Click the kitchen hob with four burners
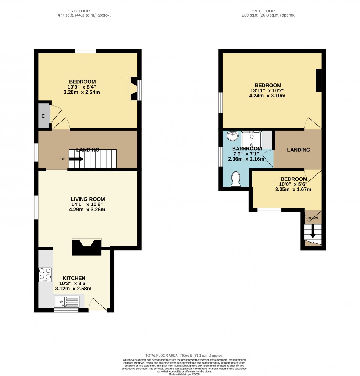pyautogui.click(x=45, y=273)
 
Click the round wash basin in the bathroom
pyautogui.click(x=233, y=137)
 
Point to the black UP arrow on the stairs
pyautogui.click(x=76, y=159)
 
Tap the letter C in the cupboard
pyautogui.click(x=43, y=116)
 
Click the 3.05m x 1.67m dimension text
pyautogui.click(x=293, y=190)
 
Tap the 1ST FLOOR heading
pyautogui.click(x=79, y=11)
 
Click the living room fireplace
pyautogui.click(x=87, y=247)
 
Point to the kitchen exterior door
pyautogui.click(x=97, y=305)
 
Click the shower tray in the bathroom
pyautogui.click(x=252, y=139)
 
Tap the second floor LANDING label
pyautogui.click(x=298, y=150)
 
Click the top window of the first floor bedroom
pyautogui.click(x=85, y=51)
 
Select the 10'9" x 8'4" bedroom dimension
pyautogui.click(x=82, y=87)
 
